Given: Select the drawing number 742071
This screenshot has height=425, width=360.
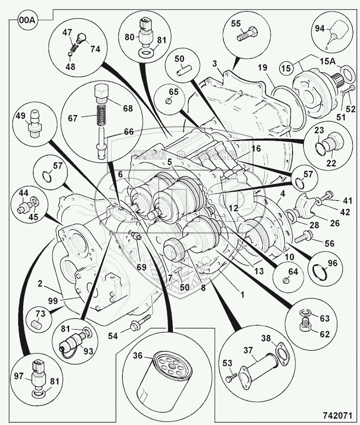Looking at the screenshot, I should [x=337, y=416].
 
